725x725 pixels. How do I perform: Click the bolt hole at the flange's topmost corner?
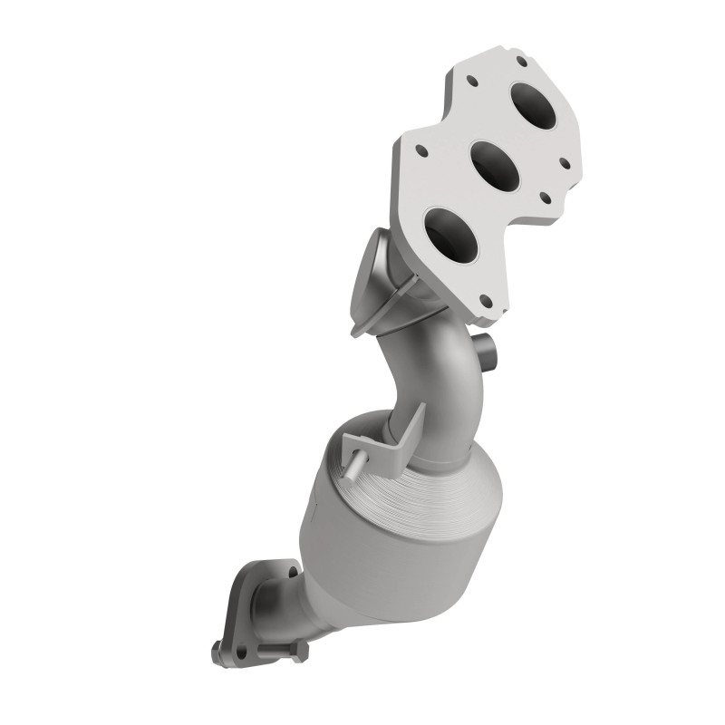[523, 62]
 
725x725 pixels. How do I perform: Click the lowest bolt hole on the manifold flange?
[484, 304]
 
